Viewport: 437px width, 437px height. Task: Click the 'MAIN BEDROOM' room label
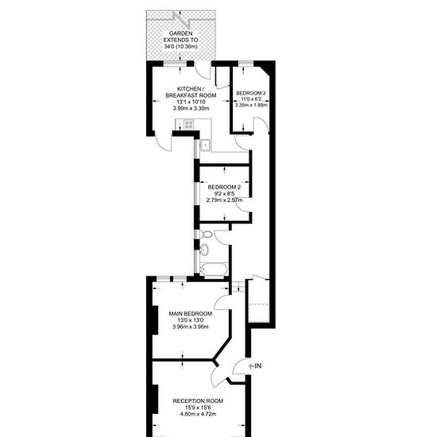click(191, 314)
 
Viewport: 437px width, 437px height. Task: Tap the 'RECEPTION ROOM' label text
click(198, 401)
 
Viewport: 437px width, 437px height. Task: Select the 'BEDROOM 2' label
click(224, 187)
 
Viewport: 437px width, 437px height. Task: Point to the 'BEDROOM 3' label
click(251, 93)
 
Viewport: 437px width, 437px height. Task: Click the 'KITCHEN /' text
click(191, 89)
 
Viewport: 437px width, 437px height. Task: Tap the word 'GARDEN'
click(180, 33)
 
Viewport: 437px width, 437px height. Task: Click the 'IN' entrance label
click(258, 365)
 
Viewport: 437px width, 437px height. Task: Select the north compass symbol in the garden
click(181, 19)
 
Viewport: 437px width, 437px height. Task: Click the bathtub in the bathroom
click(214, 269)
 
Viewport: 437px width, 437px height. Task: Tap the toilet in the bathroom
click(207, 234)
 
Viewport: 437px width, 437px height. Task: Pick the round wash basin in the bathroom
click(204, 249)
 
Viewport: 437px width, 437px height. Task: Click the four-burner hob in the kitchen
click(188, 124)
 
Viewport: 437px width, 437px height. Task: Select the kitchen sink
click(206, 145)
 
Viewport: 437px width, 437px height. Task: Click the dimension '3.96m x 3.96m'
click(191, 327)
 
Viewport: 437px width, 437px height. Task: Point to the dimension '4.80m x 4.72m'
click(198, 414)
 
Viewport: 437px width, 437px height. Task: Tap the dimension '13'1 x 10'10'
click(191, 102)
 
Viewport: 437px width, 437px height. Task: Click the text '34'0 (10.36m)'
click(180, 47)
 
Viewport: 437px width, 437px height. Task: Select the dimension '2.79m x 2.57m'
click(224, 200)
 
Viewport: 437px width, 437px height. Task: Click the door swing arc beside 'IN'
click(236, 363)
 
